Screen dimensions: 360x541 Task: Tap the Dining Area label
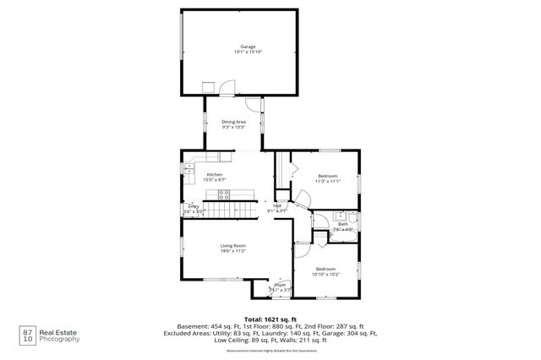coord(234,122)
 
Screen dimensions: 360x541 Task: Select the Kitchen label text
coord(215,174)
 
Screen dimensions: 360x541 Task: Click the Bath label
coord(343,224)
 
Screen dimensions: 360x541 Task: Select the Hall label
coord(277,205)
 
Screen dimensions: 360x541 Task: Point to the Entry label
coord(194,206)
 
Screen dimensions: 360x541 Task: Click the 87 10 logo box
coord(28,335)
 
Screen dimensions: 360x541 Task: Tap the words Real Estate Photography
coord(62,335)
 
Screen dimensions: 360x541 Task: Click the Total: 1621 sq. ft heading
coord(270,318)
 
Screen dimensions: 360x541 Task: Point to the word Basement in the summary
coord(190,326)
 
